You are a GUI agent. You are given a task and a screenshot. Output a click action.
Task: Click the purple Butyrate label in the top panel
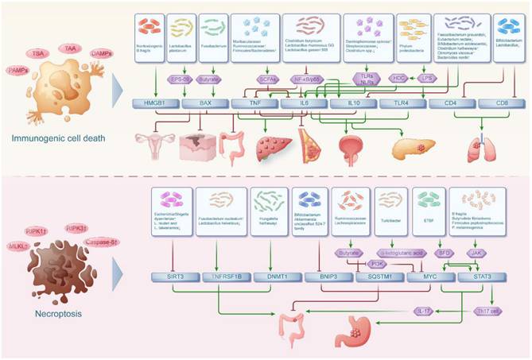(x=210, y=80)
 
